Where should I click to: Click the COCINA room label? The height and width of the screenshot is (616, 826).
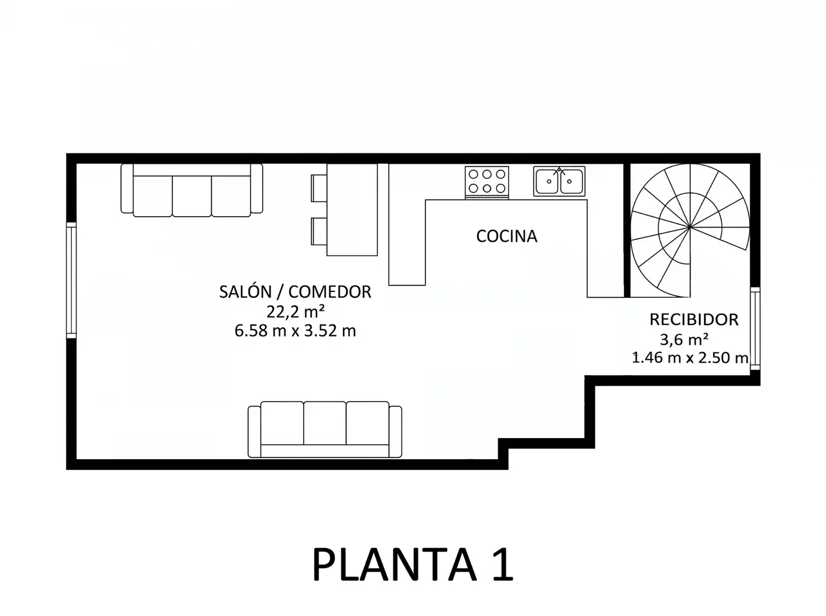point(506,236)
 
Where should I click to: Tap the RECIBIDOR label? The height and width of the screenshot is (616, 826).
point(694,319)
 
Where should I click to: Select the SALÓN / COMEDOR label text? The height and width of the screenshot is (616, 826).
point(295,291)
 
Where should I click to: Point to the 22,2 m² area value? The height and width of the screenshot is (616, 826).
point(295,311)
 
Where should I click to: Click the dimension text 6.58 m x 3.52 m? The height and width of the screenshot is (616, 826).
point(295,331)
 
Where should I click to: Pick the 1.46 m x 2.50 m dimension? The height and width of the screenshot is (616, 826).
point(690,358)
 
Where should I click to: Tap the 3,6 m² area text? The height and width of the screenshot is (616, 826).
point(684,339)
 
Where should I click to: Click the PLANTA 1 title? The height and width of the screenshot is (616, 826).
point(413,565)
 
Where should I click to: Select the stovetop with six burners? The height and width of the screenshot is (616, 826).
point(487,183)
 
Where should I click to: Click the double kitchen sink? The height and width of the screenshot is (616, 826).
point(559,181)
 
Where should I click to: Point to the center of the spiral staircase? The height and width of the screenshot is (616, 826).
point(690,228)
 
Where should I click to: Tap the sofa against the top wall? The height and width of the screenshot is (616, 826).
point(192,190)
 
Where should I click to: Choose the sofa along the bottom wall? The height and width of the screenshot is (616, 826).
point(325,429)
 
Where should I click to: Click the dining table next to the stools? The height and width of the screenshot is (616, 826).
point(352,210)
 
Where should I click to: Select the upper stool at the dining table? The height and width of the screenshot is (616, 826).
point(319,188)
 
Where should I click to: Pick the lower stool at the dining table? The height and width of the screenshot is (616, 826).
point(319,232)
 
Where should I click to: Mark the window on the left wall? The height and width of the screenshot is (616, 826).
point(71,281)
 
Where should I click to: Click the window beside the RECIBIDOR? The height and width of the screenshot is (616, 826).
point(755,329)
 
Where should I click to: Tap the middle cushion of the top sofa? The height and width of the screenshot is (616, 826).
point(192,196)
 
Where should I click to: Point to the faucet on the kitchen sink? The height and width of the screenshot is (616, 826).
point(559,171)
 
